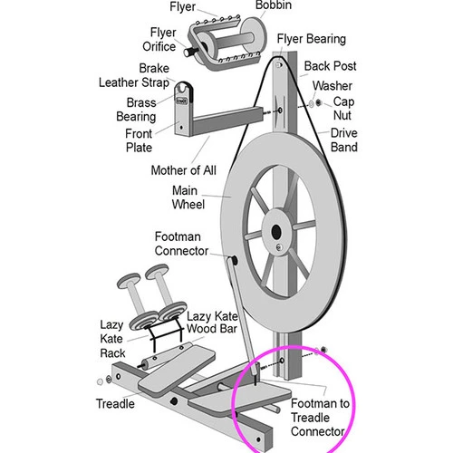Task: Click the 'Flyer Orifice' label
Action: [x=159, y=39]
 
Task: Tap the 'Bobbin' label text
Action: [x=274, y=5]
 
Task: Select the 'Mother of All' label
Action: [x=184, y=170]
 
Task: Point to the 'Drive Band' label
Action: [x=344, y=140]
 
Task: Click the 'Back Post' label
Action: [x=330, y=66]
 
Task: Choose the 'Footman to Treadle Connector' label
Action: [x=320, y=417]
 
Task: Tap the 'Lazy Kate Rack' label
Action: [x=112, y=339]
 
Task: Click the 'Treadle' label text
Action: [x=115, y=403]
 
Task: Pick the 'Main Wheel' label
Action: [x=188, y=198]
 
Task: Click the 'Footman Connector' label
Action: [x=181, y=244]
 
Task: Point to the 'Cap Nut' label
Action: [x=343, y=108]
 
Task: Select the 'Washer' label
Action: [x=333, y=86]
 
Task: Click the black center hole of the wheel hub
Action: [x=276, y=232]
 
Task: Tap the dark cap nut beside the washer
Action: [x=318, y=103]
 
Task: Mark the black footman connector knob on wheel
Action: [x=234, y=260]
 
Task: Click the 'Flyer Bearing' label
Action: [x=312, y=39]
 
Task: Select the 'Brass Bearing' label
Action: [x=136, y=110]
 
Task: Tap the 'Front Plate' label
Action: [x=139, y=140]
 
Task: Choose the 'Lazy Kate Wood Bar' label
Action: [x=212, y=323]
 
